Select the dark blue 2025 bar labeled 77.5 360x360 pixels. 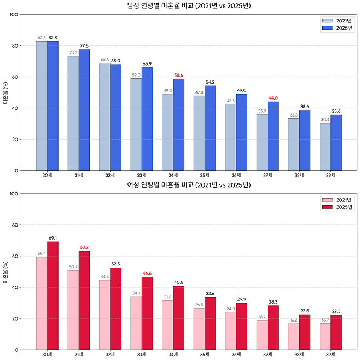coord(84,109)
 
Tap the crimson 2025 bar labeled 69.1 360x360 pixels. coord(53,295)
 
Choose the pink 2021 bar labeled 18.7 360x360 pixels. coord(262,335)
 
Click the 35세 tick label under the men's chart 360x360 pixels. coord(205,176)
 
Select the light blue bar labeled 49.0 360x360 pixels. coord(167,132)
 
